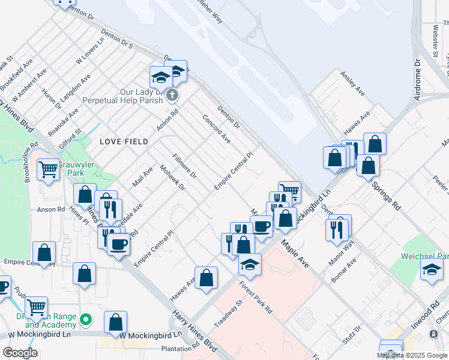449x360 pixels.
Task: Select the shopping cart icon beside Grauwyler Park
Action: (x=47, y=169)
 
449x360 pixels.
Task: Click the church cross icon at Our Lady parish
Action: (x=172, y=95)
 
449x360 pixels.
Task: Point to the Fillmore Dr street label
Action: (x=184, y=167)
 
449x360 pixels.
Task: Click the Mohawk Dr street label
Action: (x=172, y=179)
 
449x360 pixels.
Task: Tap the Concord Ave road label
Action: (x=217, y=128)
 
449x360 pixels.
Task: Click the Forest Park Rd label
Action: (x=256, y=298)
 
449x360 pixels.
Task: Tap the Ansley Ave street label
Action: (x=352, y=84)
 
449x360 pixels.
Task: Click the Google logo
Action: (x=20, y=353)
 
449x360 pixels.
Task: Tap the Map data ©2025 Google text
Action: (x=412, y=355)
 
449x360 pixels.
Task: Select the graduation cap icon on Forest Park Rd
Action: (x=250, y=263)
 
